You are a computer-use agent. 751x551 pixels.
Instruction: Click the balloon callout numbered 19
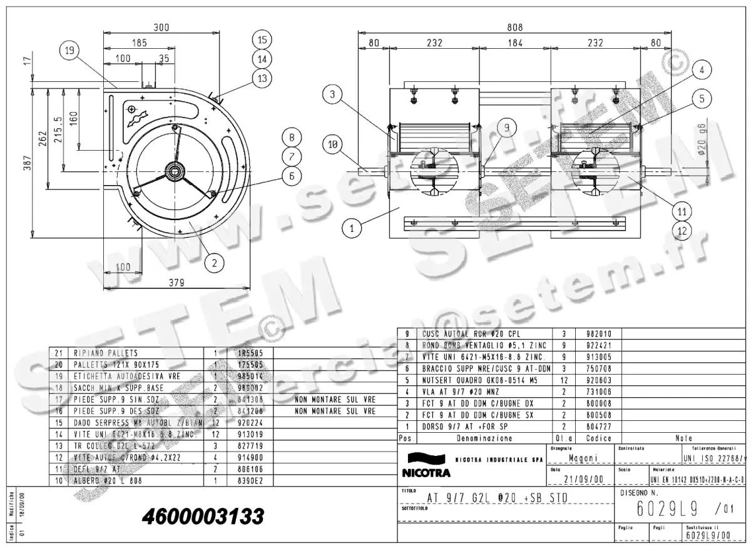pyautogui.click(x=71, y=49)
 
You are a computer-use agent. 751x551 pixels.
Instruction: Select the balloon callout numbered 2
pyautogui.click(x=214, y=263)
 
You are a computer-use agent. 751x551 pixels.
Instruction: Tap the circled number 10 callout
pyautogui.click(x=334, y=145)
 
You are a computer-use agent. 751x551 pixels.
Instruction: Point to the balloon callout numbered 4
pyautogui.click(x=702, y=70)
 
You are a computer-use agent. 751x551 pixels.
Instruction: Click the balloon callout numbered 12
pyautogui.click(x=682, y=230)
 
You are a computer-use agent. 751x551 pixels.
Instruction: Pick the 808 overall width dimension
pyautogui.click(x=514, y=27)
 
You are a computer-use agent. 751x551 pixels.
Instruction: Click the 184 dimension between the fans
pyautogui.click(x=515, y=43)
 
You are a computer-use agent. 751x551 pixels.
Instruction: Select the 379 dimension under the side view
pyautogui.click(x=176, y=283)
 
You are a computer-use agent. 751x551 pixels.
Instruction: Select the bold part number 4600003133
pyautogui.click(x=203, y=517)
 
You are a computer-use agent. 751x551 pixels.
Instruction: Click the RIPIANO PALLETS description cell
pyautogui.click(x=106, y=353)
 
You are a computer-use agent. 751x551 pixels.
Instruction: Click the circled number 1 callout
pyautogui.click(x=352, y=228)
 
